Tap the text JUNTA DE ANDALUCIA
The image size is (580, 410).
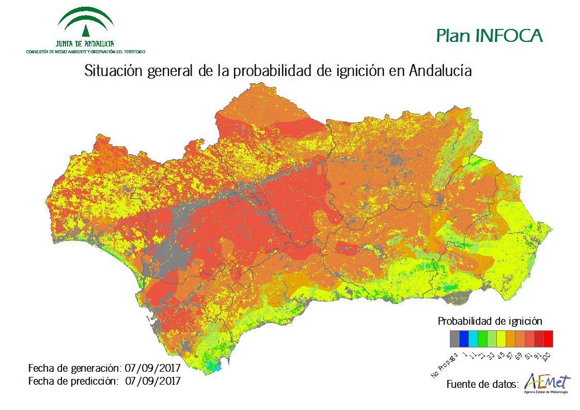coord(86,44)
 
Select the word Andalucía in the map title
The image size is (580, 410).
coord(440,71)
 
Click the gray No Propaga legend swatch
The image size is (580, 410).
coord(454,339)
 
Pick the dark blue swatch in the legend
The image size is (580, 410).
coord(464,339)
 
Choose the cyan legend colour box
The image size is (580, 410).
coord(473,339)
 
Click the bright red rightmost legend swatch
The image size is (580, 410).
coord(548,339)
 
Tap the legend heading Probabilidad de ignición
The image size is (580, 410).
coord(490,321)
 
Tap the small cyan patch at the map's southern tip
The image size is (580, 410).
coord(212,367)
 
